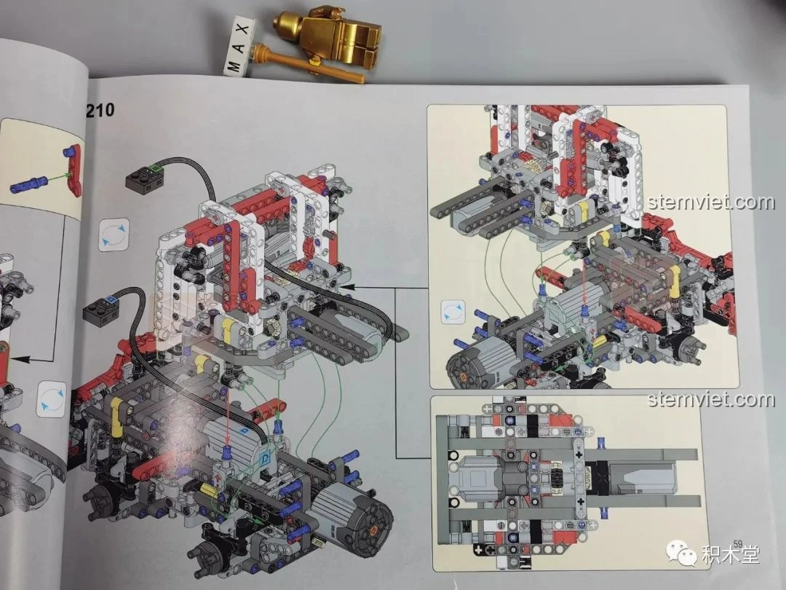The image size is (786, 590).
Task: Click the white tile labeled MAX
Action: [240, 46]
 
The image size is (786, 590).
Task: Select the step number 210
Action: [100, 110]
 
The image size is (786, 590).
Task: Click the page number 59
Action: [737, 543]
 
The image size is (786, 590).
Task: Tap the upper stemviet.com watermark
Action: [711, 202]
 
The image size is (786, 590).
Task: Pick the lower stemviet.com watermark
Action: [711, 400]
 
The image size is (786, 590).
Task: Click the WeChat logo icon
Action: [681, 553]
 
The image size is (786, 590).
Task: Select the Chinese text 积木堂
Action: [730, 554]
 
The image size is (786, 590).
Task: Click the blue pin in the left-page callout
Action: [28, 184]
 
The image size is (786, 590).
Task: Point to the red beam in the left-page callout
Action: [74, 170]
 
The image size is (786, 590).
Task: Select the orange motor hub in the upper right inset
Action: [463, 376]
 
